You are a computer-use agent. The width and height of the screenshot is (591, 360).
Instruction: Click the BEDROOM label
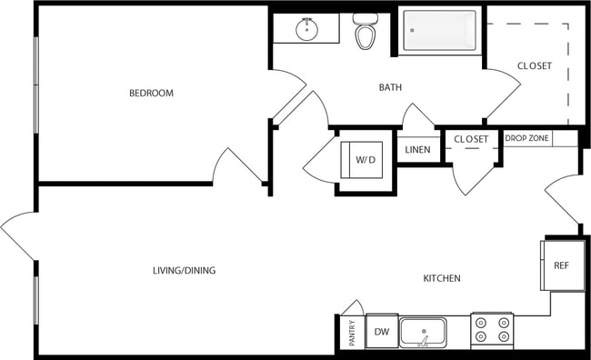click(151, 94)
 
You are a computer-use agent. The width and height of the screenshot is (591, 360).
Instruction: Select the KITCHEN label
click(442, 278)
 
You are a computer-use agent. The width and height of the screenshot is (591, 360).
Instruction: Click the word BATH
click(391, 88)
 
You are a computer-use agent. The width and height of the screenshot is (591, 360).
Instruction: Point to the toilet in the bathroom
click(365, 33)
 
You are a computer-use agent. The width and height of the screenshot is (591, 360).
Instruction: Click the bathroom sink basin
click(307, 30)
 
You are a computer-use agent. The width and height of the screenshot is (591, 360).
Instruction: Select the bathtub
click(440, 31)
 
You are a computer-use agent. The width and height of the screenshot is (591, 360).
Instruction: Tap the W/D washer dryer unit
click(365, 160)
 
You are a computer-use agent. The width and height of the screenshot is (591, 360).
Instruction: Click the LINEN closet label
click(417, 150)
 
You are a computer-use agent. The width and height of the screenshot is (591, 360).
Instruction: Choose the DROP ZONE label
click(526, 138)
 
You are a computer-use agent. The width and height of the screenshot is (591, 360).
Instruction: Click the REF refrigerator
click(562, 265)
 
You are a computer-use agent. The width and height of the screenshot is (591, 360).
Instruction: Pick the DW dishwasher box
click(382, 333)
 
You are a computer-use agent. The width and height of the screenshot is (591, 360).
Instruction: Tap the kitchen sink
click(423, 332)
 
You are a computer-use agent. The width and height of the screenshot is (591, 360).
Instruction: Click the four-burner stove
click(492, 331)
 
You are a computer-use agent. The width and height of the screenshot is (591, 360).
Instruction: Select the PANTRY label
click(351, 333)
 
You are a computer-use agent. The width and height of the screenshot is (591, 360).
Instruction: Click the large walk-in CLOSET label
click(534, 66)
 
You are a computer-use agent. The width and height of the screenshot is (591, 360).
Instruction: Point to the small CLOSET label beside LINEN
click(471, 139)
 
